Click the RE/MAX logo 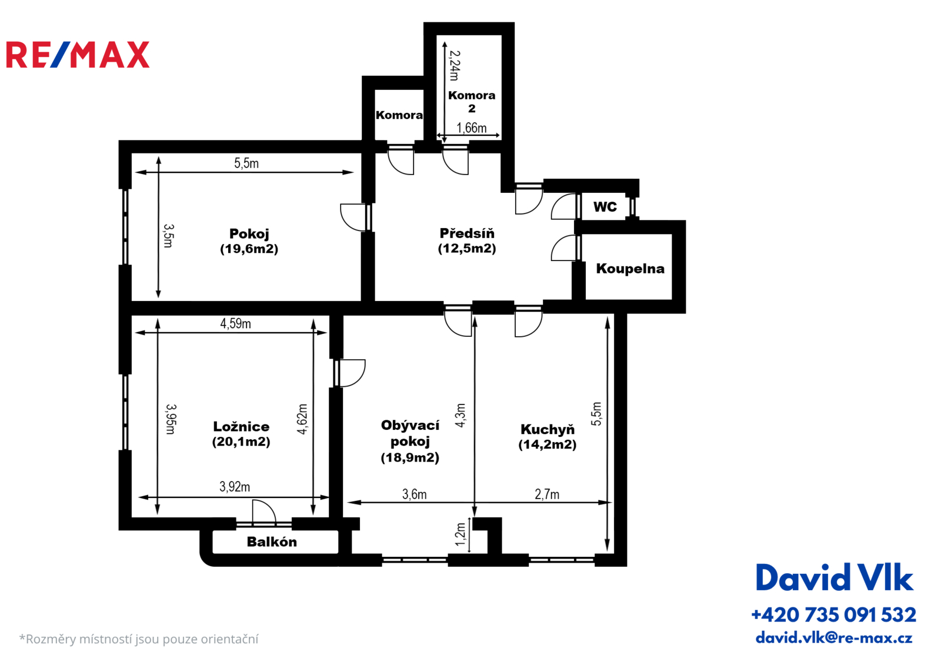(78, 55)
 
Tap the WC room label (605, 207)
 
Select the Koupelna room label (630, 269)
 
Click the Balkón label (272, 542)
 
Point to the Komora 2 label (472, 102)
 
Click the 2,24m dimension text (455, 65)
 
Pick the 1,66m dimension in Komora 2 (471, 128)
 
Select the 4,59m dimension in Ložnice (236, 323)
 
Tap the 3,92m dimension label (235, 487)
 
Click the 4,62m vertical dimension (302, 419)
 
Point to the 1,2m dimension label (461, 534)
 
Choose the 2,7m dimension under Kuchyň (547, 494)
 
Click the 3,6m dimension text (415, 494)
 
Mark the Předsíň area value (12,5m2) (467, 249)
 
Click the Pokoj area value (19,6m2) (249, 249)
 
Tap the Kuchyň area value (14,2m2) (548, 445)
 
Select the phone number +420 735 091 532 (834, 615)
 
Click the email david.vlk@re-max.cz (834, 638)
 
